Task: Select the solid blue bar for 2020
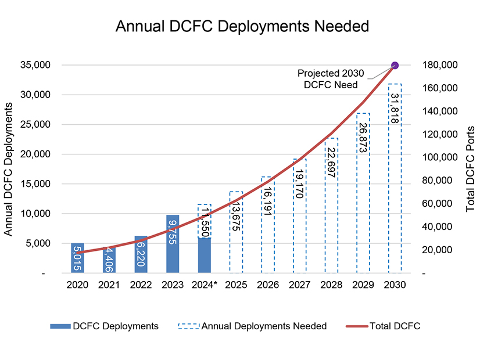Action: pos(78,258)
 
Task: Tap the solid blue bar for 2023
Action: pos(173,244)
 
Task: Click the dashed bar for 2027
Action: pos(299,215)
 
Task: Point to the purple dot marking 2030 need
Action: pos(395,65)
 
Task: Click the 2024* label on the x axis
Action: pos(204,285)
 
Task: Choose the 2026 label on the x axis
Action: pos(267,285)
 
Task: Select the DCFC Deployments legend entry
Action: pos(105,326)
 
